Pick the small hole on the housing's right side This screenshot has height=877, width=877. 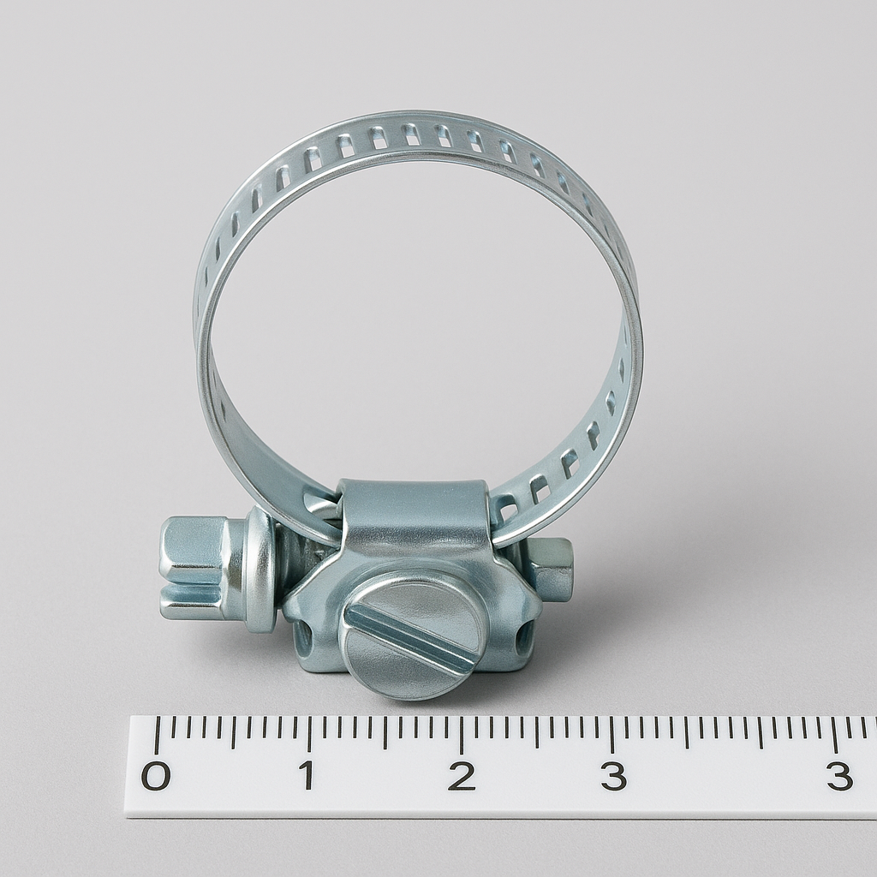523,634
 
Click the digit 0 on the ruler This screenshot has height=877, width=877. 156,775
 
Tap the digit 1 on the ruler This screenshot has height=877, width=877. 307,775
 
